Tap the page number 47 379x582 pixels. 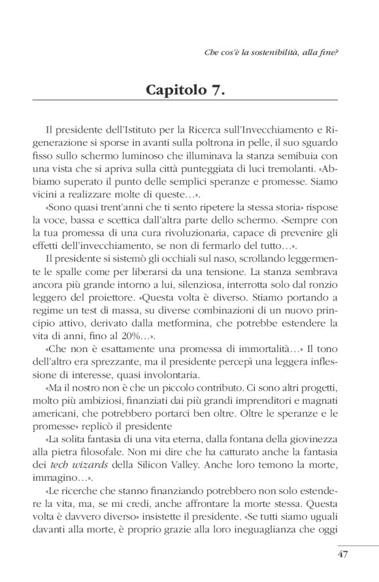coord(343,555)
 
